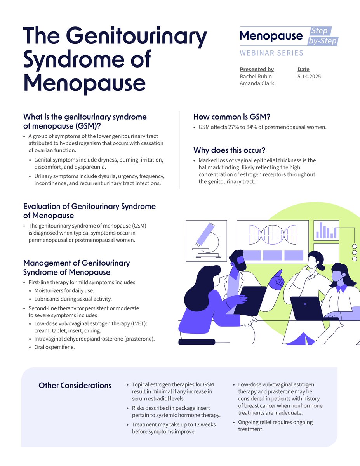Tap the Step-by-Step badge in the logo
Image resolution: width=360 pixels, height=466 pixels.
click(323, 36)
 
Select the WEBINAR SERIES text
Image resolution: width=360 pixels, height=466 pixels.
click(271, 53)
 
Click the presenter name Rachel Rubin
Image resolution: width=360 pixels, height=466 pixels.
click(256, 77)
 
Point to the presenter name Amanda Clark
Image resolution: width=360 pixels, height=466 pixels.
click(257, 83)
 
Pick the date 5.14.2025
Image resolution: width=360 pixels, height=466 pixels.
click(309, 77)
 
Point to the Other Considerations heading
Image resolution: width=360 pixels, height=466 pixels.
click(75, 385)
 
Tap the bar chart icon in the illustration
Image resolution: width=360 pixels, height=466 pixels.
click(326, 230)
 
